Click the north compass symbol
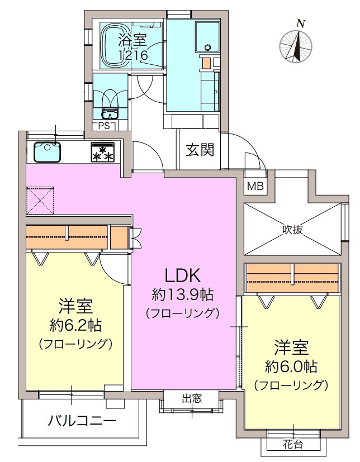[x=296, y=44]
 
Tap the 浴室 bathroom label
[x=132, y=40]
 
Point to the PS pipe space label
[x=104, y=126]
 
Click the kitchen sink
[x=48, y=152]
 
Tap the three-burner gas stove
[x=103, y=152]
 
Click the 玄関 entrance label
[x=200, y=150]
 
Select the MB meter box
[x=255, y=186]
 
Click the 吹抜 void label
[x=292, y=230]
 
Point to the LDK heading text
[x=183, y=276]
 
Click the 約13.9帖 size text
[x=183, y=294]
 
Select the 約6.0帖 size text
[x=291, y=366]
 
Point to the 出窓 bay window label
[x=192, y=399]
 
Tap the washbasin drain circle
[x=208, y=47]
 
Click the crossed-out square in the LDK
[x=40, y=200]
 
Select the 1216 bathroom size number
[x=132, y=55]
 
